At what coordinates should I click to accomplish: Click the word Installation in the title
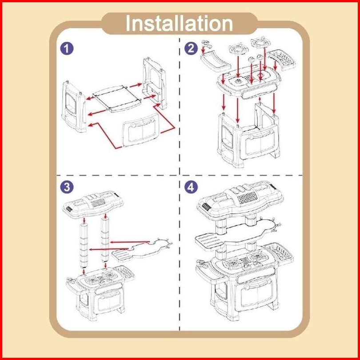(179, 24)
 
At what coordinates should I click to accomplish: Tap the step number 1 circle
(67, 48)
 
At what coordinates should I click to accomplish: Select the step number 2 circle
(192, 48)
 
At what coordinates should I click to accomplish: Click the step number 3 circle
(67, 187)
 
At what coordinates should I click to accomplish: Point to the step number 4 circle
(192, 187)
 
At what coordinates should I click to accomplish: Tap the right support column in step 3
(106, 240)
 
